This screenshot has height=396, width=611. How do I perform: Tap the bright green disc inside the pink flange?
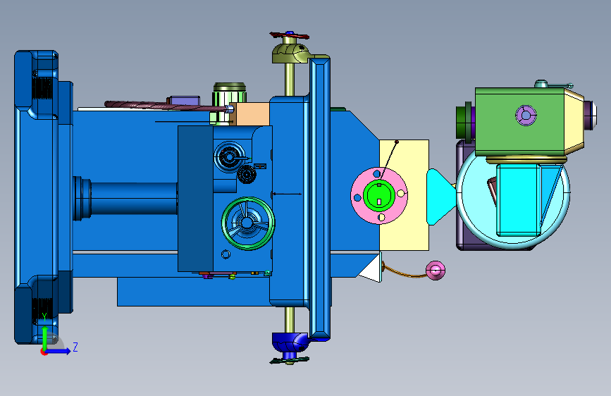tap(379, 195)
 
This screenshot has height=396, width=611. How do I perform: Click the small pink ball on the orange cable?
tap(435, 270)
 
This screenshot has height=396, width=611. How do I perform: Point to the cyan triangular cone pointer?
tap(440, 197)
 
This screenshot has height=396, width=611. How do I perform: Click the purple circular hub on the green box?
tap(526, 115)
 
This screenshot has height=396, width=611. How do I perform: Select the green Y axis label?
tap(44, 317)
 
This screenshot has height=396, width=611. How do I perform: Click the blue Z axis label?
tap(75, 347)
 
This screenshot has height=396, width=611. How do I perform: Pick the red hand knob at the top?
tap(290, 35)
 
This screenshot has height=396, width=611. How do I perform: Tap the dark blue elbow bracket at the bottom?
tap(291, 341)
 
